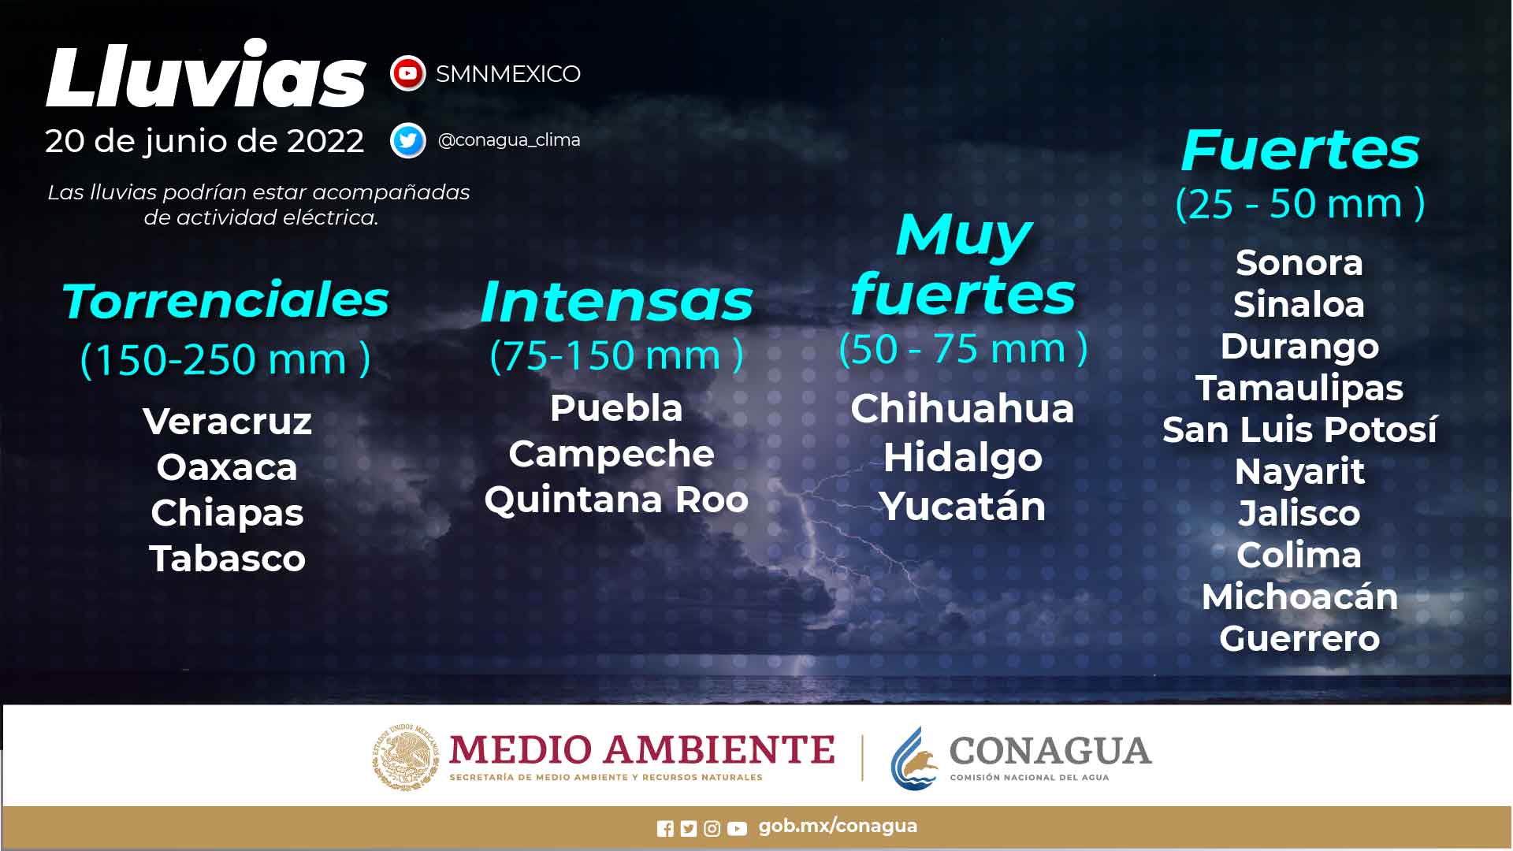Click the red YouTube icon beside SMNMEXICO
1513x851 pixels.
point(407,74)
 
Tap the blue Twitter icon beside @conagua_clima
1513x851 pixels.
point(407,141)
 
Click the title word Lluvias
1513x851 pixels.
point(206,76)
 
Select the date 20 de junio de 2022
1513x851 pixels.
point(205,141)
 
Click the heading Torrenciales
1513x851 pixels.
point(225,300)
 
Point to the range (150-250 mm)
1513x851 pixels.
point(225,359)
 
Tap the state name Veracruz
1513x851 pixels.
point(227,422)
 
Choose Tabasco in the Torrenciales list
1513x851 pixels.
point(227,559)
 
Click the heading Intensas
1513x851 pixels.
point(616,302)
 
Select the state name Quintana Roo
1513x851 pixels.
point(616,500)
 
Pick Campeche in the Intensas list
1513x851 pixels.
point(612,454)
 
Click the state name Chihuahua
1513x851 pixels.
point(962,409)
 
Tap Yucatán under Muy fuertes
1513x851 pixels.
point(962,507)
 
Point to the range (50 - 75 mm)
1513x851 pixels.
point(963,348)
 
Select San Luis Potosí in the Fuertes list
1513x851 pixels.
point(1299,430)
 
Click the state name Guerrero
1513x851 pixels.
point(1299,639)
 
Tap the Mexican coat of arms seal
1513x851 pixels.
point(406,757)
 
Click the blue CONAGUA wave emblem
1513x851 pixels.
point(915,758)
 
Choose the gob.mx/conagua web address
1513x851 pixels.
point(838,826)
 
